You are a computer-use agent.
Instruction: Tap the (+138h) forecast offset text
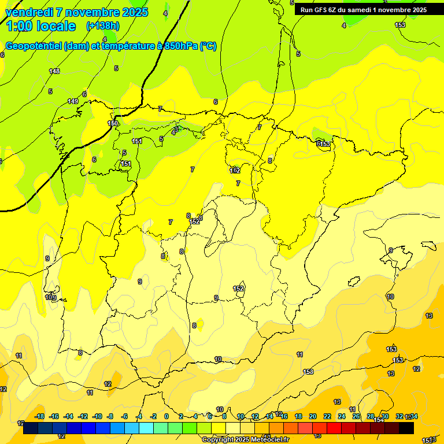click(x=102, y=25)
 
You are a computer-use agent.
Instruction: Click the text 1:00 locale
click(x=40, y=26)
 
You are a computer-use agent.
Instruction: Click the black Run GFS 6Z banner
click(x=363, y=9)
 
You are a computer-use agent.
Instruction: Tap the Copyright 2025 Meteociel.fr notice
click(x=245, y=439)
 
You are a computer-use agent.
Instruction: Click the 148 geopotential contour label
click(x=54, y=71)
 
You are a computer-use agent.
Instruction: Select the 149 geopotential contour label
click(x=73, y=101)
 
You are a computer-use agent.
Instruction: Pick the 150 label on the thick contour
click(x=113, y=123)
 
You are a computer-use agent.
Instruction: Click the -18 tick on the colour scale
click(x=40, y=416)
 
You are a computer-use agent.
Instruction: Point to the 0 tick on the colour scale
click(x=166, y=416)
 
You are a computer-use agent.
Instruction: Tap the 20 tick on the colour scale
click(x=313, y=416)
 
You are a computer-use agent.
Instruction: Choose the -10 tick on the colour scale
click(x=97, y=416)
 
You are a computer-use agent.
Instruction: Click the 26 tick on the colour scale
click(x=356, y=416)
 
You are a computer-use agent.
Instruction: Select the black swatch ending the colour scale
click(x=406, y=428)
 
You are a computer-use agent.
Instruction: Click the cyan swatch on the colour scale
click(x=146, y=428)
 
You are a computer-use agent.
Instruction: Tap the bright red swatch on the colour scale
click(x=334, y=428)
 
